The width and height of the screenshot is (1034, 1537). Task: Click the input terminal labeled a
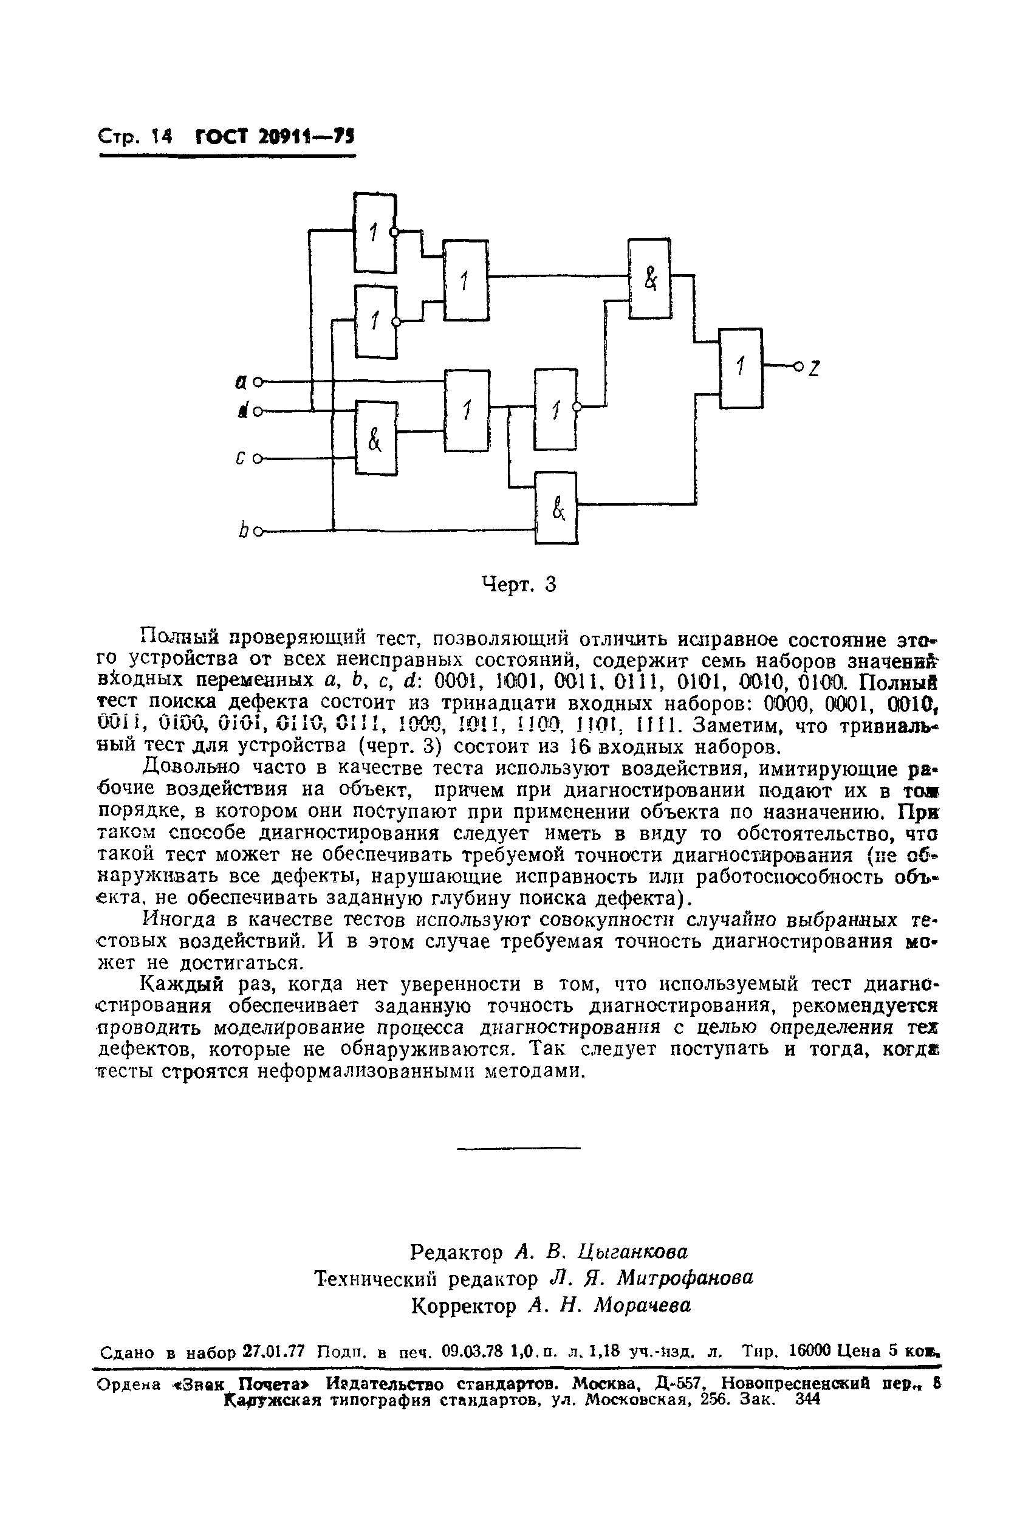pyautogui.click(x=258, y=381)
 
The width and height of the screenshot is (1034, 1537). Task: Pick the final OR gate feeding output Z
pyautogui.click(x=740, y=368)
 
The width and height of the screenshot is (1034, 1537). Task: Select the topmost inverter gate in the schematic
pyautogui.click(x=375, y=232)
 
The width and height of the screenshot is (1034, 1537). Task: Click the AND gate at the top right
pyautogui.click(x=649, y=278)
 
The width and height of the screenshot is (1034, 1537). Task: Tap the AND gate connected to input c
pyautogui.click(x=376, y=438)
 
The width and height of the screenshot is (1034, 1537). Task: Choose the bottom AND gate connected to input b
pyautogui.click(x=556, y=507)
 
